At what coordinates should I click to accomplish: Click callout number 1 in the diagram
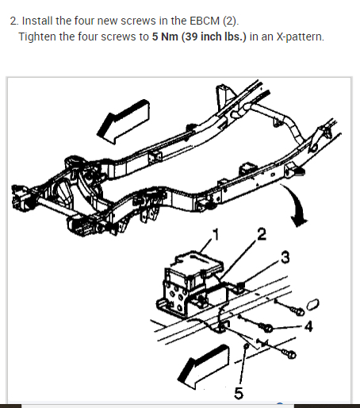tap(216, 234)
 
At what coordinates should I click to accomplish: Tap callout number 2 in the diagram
tap(262, 234)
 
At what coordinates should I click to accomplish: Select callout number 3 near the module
tap(285, 257)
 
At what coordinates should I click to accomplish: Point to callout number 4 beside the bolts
tap(308, 326)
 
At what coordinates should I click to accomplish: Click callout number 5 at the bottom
tap(239, 393)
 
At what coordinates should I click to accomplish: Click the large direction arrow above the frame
tap(123, 121)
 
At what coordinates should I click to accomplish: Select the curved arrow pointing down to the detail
tap(297, 205)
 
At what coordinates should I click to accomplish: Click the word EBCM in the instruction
tap(205, 21)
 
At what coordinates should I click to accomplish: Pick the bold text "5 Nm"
tap(165, 37)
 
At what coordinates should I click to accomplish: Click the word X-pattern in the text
tap(300, 37)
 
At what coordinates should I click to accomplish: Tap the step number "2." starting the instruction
tap(14, 21)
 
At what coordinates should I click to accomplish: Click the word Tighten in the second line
tap(37, 37)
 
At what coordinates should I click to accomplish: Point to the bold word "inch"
tap(212, 37)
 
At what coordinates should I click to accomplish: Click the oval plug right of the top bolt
tap(313, 305)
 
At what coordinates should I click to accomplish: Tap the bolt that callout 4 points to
tap(266, 328)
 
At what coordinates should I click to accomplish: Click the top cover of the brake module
tap(197, 264)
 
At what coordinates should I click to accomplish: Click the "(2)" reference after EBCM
tap(231, 21)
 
